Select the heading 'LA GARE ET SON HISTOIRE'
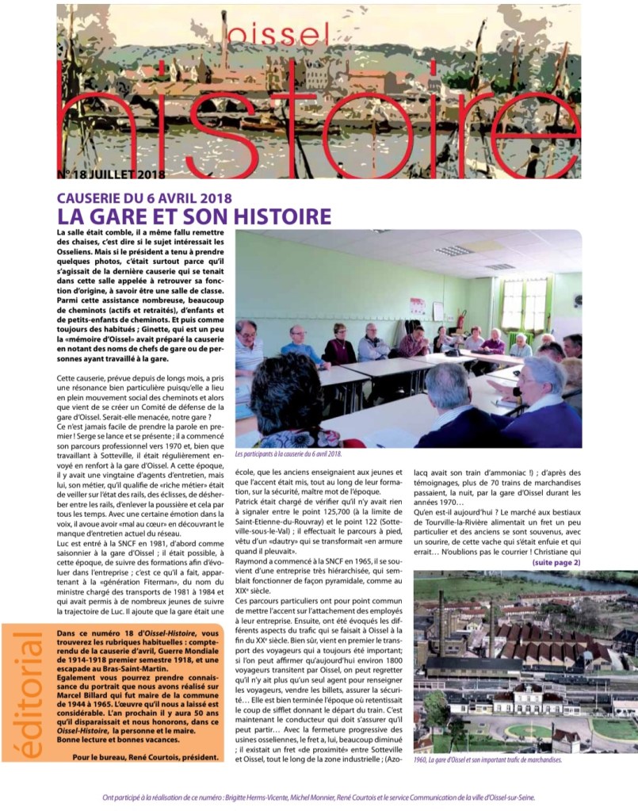click(x=194, y=216)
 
